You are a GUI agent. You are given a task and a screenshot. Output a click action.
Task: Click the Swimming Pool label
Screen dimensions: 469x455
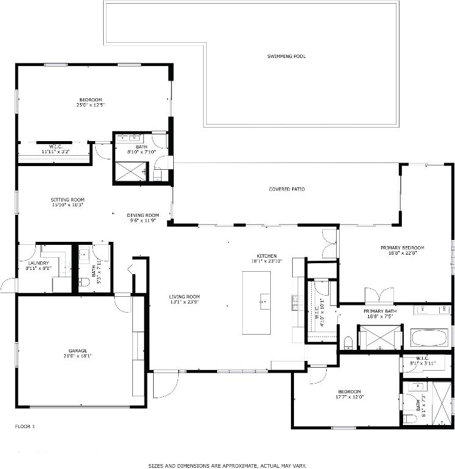pyautogui.click(x=286, y=56)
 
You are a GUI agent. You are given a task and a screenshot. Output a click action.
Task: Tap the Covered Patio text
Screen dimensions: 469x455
pyautogui.click(x=287, y=189)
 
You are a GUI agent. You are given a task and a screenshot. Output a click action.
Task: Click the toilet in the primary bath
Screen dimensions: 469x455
pyautogui.click(x=348, y=341)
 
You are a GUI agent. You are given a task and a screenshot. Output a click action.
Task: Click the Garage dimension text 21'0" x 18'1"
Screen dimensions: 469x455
pyautogui.click(x=77, y=356)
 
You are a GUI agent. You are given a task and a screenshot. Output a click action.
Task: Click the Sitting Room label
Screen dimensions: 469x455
pyautogui.click(x=67, y=200)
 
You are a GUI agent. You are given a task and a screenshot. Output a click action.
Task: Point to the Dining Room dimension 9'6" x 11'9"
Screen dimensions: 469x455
pyautogui.click(x=143, y=220)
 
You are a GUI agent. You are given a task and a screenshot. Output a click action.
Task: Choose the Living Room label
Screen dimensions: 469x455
pyautogui.click(x=184, y=297)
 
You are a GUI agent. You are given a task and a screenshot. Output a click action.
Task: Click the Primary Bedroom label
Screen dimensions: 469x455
pyautogui.click(x=402, y=247)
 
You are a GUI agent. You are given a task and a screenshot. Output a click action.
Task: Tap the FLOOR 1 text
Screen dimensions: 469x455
pyautogui.click(x=24, y=426)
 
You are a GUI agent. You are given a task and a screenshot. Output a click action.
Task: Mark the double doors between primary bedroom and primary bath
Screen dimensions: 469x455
pyautogui.click(x=379, y=297)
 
